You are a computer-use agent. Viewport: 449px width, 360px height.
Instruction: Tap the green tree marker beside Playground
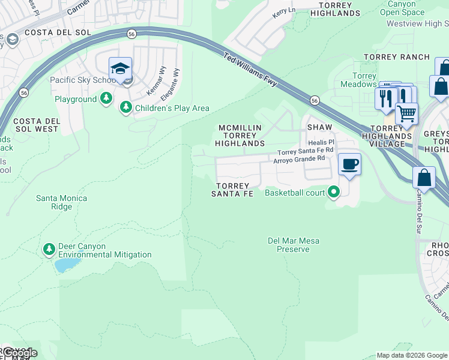(106, 98)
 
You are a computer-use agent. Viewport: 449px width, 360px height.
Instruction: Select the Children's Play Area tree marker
(125, 107)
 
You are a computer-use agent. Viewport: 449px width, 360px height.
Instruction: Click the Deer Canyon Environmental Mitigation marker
(49, 248)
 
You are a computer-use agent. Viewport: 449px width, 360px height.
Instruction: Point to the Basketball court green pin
(334, 193)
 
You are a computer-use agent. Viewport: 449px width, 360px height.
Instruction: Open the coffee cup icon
(349, 164)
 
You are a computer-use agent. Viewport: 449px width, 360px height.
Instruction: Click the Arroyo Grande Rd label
(299, 160)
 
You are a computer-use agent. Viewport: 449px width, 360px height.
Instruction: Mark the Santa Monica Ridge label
(61, 202)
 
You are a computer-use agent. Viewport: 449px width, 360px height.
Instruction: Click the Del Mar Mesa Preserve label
(293, 245)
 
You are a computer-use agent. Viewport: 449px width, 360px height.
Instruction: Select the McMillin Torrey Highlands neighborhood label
(240, 136)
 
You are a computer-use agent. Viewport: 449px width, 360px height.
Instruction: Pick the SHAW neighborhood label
(319, 128)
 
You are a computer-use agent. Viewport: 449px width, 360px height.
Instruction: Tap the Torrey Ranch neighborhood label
(397, 57)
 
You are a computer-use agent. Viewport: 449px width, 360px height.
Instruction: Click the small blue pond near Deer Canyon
(67, 264)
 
